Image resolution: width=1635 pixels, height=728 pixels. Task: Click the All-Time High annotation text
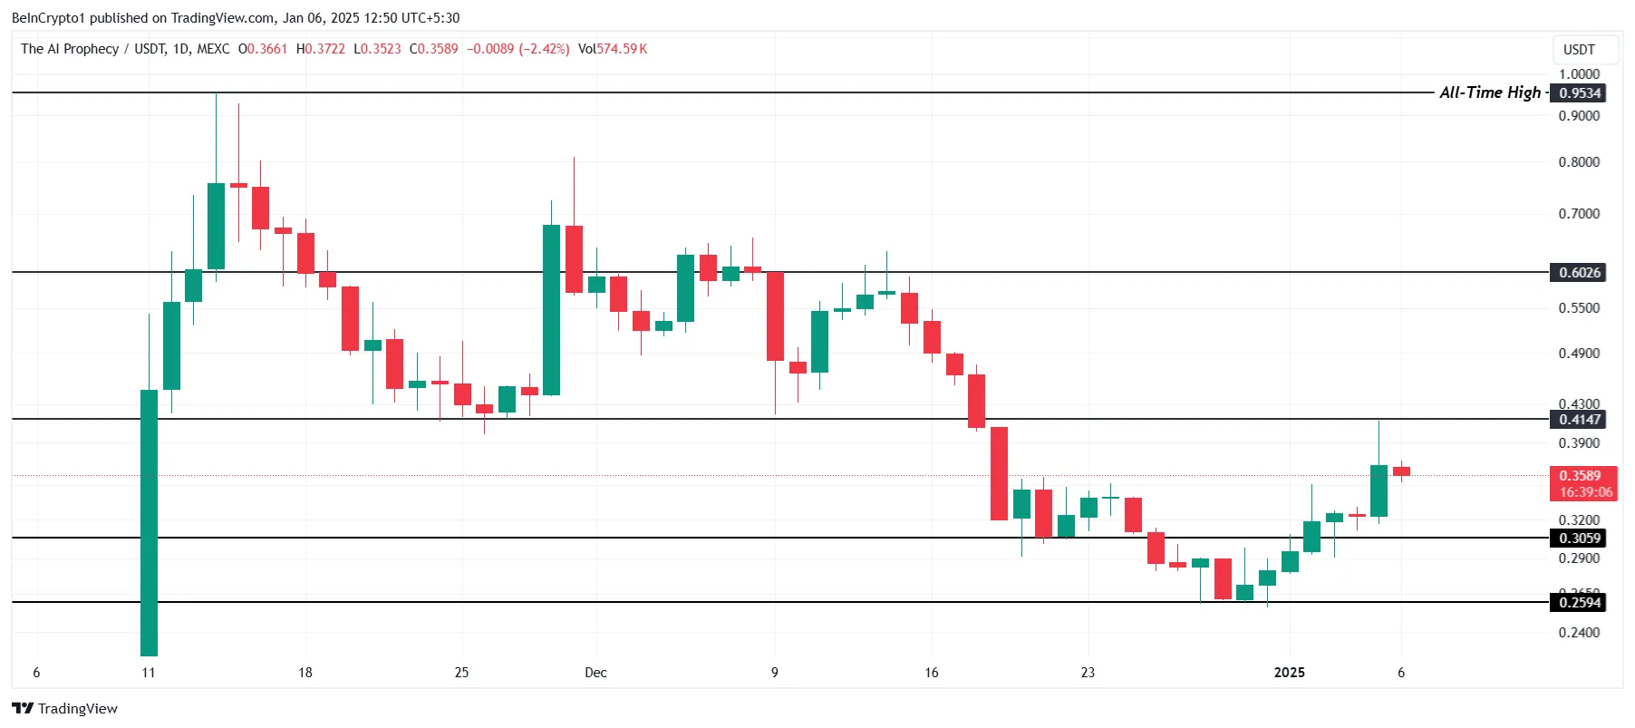point(1489,92)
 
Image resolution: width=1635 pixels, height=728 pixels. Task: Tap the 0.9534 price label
point(1578,93)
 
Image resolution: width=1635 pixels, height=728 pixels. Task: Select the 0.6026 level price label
point(1578,273)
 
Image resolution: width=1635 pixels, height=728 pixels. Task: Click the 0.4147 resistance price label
point(1578,420)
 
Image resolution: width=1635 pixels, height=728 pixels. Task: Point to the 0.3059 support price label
point(1578,539)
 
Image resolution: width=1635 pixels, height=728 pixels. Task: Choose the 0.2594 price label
point(1578,603)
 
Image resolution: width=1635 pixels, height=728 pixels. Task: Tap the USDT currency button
point(1579,50)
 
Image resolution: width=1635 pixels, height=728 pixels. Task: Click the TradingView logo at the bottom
point(64,709)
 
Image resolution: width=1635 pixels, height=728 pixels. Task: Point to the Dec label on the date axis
point(595,673)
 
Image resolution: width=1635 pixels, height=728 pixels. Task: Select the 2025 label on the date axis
point(1289,673)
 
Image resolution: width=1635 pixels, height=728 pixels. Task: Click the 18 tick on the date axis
point(305,673)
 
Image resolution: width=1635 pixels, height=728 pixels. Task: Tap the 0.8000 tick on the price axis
point(1579,162)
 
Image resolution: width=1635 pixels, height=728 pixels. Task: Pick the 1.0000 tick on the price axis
point(1579,74)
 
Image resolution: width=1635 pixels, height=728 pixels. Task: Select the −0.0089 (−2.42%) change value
point(518,49)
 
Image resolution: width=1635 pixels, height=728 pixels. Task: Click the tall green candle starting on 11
point(149,522)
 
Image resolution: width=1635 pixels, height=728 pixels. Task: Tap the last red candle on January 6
point(1401,471)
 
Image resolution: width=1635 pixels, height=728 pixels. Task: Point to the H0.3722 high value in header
point(321,49)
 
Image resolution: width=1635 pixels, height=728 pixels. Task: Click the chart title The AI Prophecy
point(70,49)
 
